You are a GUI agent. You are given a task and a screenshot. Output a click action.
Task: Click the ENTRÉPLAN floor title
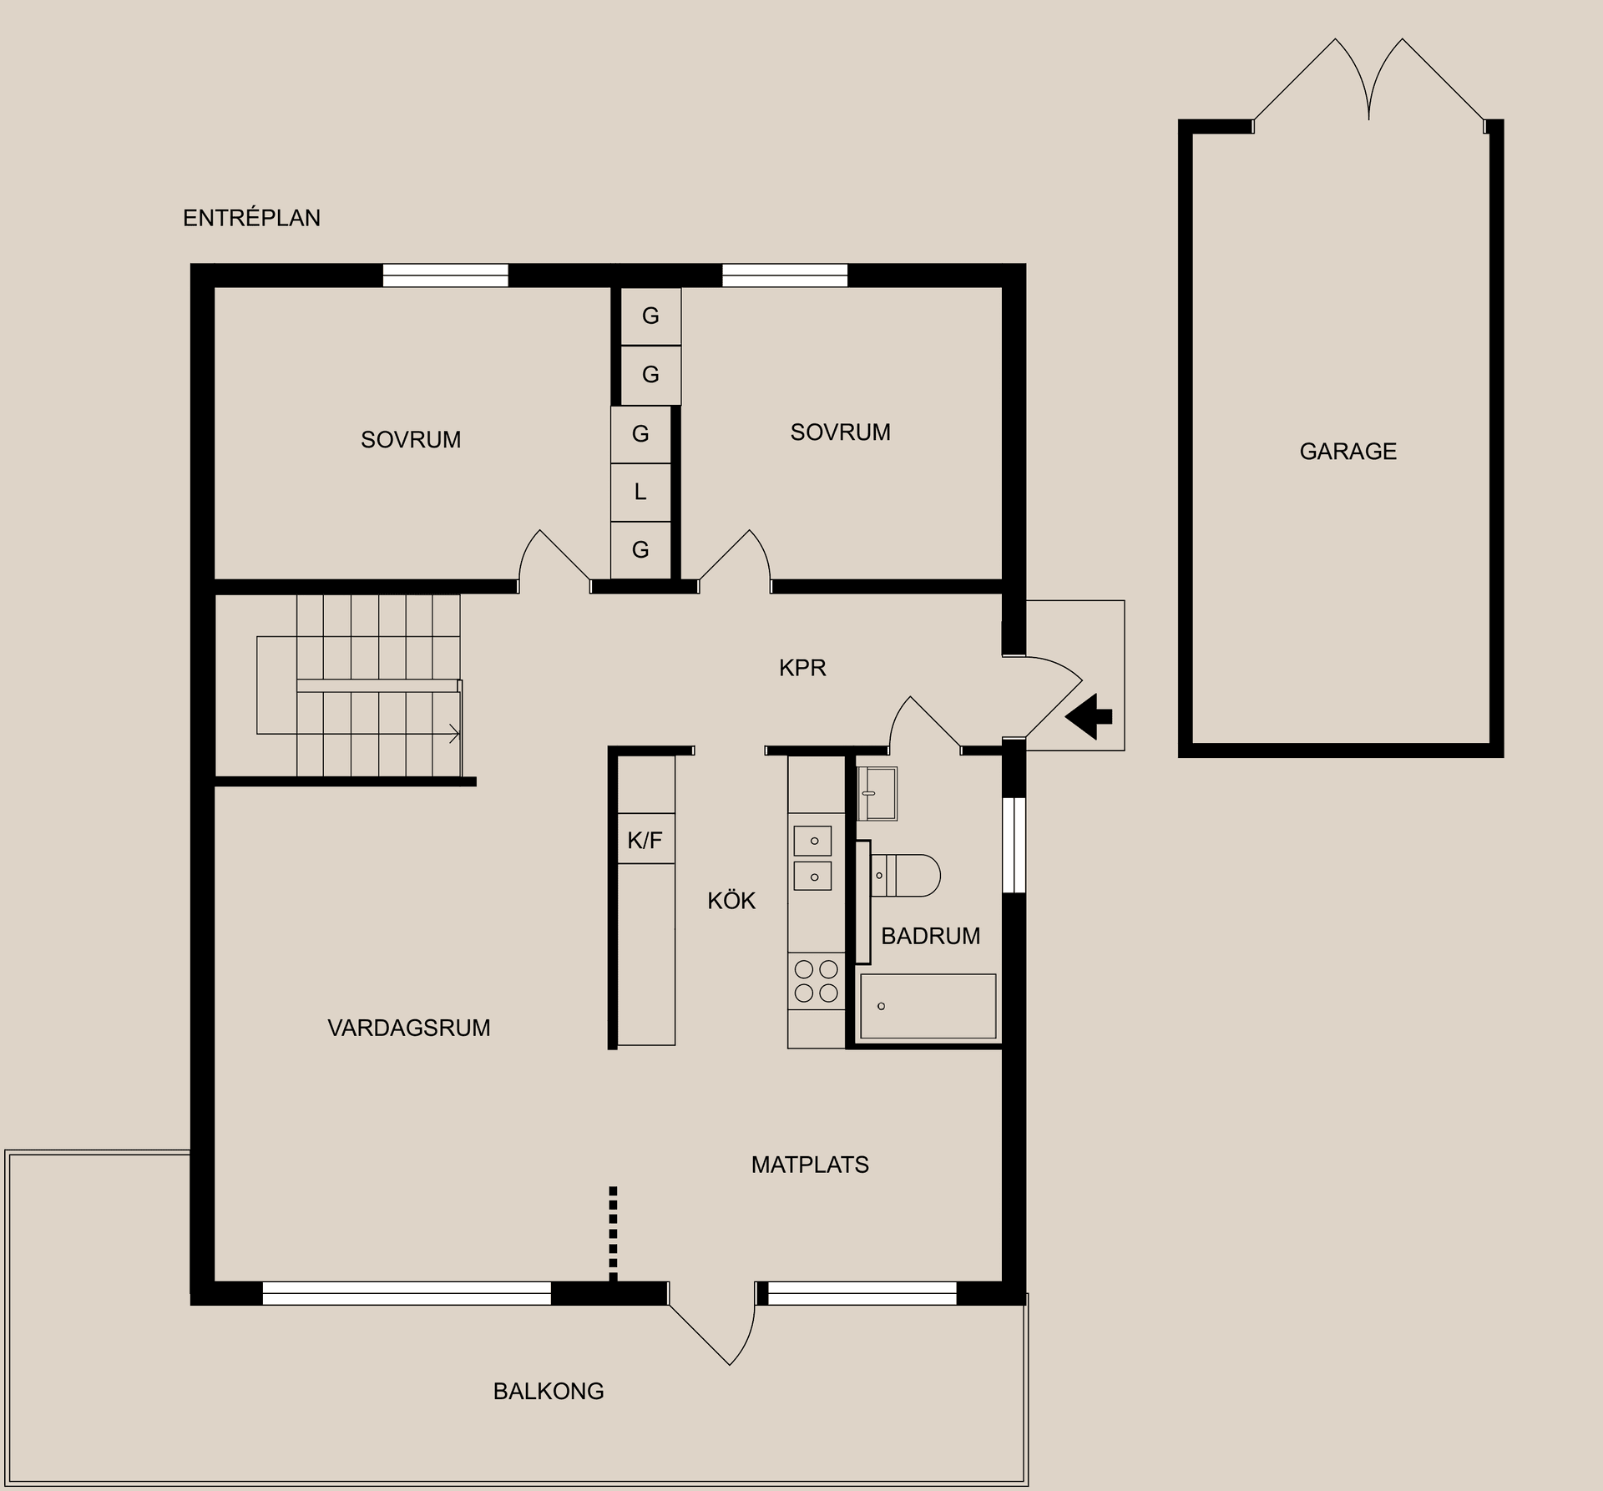[251, 218]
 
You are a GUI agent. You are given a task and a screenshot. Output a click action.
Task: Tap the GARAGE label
[1348, 452]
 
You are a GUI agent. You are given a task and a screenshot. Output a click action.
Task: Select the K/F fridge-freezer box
[645, 839]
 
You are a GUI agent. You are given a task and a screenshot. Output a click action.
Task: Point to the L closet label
[640, 492]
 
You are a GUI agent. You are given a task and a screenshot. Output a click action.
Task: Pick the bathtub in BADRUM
[928, 1006]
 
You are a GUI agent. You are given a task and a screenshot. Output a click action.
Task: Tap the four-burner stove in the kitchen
[816, 981]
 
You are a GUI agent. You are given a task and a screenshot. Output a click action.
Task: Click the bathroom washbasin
[877, 793]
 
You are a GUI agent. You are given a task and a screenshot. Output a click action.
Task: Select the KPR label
[802, 668]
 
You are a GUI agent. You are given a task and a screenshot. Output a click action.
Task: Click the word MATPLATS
[810, 1165]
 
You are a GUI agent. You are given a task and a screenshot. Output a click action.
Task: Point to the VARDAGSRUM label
[409, 1028]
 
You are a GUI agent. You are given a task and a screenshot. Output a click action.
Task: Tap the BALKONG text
[549, 1391]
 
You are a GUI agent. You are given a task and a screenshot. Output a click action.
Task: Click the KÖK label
[731, 901]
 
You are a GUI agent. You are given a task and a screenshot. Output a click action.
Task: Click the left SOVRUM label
[411, 440]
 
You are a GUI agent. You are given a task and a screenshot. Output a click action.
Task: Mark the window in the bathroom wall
[1014, 845]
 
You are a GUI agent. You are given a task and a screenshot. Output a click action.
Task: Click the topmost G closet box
[650, 316]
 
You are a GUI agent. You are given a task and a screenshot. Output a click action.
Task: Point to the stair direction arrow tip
[458, 734]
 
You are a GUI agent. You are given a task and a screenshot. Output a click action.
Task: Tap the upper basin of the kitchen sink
[812, 841]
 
